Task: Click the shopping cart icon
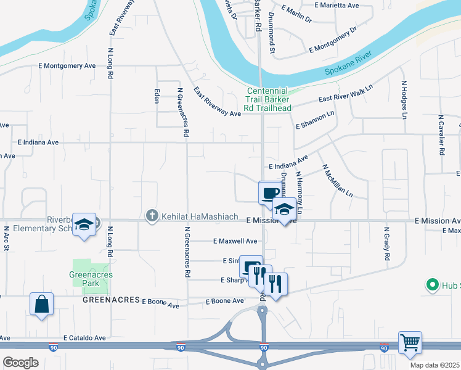410,342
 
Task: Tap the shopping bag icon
41,303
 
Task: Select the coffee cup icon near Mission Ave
269,192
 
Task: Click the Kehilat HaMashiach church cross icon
152,216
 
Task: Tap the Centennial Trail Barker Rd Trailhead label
268,99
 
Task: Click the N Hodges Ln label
404,99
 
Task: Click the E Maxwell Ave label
235,241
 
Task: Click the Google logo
20,363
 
